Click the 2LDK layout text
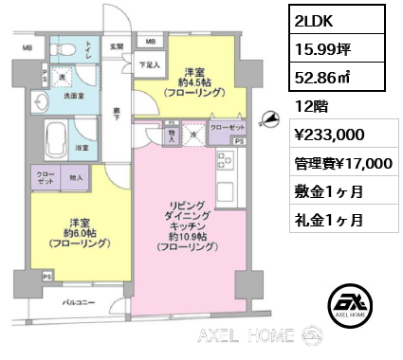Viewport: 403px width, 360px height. (313, 21)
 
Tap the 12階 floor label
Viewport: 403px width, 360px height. (307, 106)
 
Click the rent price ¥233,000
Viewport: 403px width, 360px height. (325, 135)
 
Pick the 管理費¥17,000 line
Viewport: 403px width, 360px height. (340, 163)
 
